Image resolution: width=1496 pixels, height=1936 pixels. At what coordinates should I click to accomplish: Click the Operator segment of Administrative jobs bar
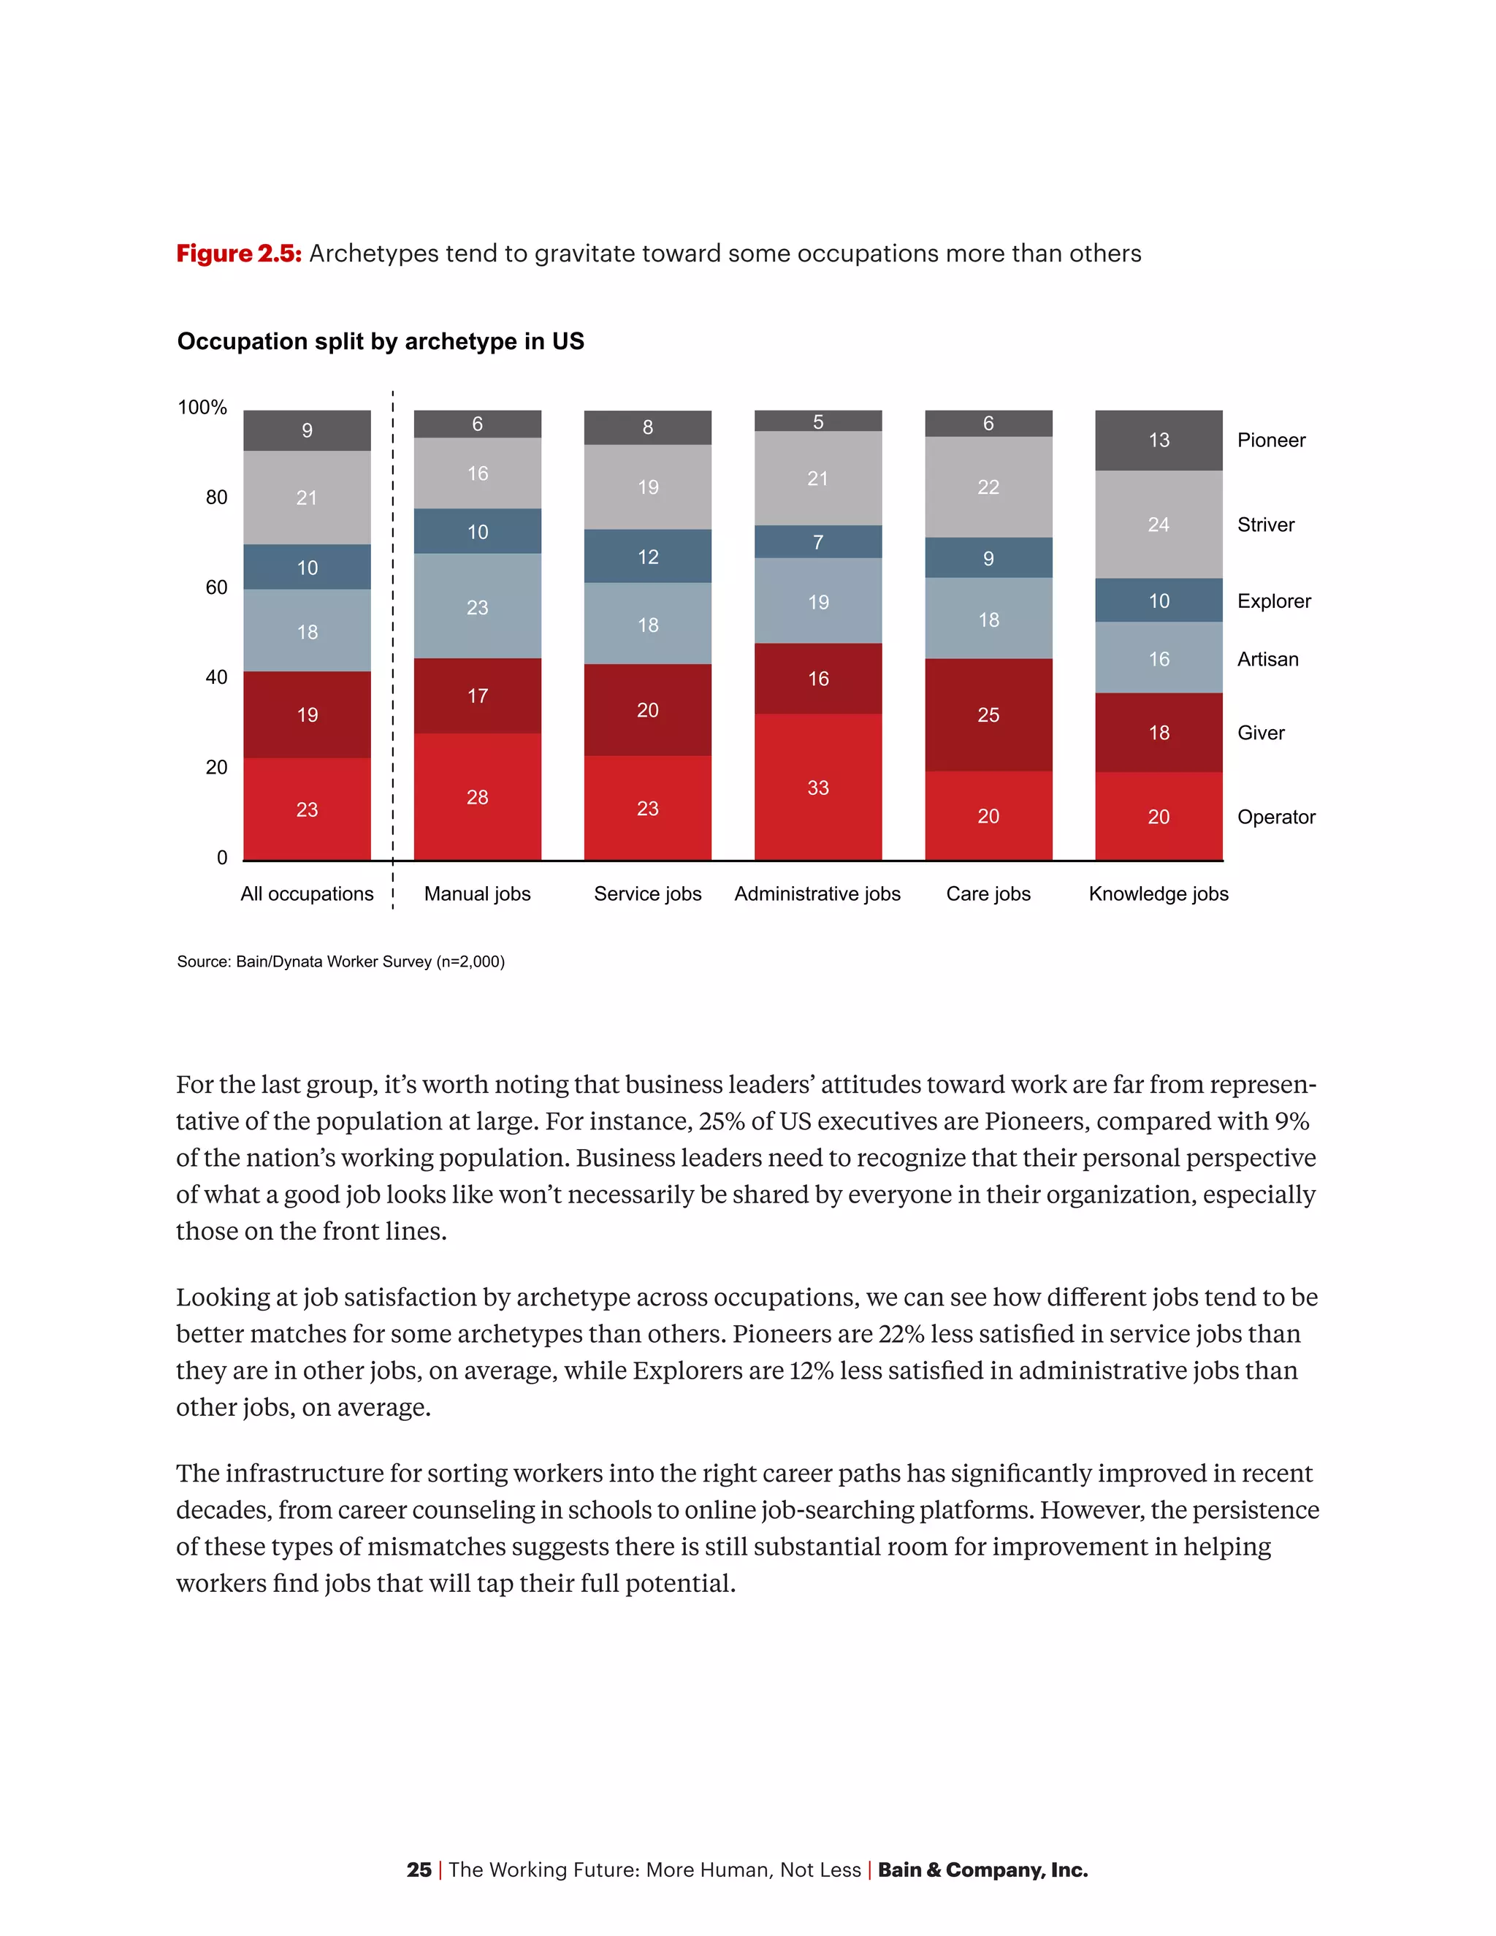817,786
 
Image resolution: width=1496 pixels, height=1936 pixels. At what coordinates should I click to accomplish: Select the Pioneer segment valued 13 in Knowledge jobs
1159,440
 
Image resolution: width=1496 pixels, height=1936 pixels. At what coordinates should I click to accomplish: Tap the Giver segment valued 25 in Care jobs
988,714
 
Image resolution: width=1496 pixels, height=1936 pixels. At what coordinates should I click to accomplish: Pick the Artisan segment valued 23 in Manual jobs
477,606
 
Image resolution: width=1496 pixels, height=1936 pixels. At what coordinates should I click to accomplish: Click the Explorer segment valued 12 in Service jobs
647,556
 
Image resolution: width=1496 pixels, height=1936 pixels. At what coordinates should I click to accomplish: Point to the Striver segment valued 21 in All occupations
307,498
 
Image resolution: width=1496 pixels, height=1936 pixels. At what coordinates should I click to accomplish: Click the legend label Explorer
1273,601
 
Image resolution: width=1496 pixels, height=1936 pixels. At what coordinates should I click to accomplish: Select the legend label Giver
1260,733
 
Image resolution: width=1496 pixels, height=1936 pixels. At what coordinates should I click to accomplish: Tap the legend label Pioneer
1271,441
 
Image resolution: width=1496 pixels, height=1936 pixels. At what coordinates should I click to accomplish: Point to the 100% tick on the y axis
202,408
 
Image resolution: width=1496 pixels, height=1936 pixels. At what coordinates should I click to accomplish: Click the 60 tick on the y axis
216,587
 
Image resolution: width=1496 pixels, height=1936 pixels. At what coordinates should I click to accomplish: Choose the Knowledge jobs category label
1159,893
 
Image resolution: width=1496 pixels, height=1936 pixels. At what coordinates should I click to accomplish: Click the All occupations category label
307,893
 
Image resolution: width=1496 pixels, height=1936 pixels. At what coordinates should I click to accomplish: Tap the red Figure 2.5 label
238,254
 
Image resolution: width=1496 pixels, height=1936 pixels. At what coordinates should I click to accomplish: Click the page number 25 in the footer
419,1870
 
